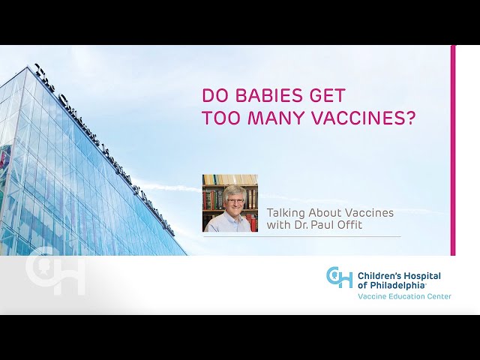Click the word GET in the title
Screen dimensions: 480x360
pyautogui.click(x=327, y=95)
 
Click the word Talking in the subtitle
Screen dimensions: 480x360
pyautogui.click(x=286, y=213)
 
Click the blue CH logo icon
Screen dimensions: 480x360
pyautogui.click(x=339, y=277)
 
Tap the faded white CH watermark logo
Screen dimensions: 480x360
pyautogui.click(x=55, y=274)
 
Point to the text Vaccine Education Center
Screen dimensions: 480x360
pyautogui.click(x=404, y=296)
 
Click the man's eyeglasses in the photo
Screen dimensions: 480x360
pyautogui.click(x=235, y=201)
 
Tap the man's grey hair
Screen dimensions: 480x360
pyautogui.click(x=235, y=190)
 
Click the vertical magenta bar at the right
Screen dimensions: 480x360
pyautogui.click(x=453, y=150)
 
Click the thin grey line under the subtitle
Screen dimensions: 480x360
pyautogui.click(x=301, y=237)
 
